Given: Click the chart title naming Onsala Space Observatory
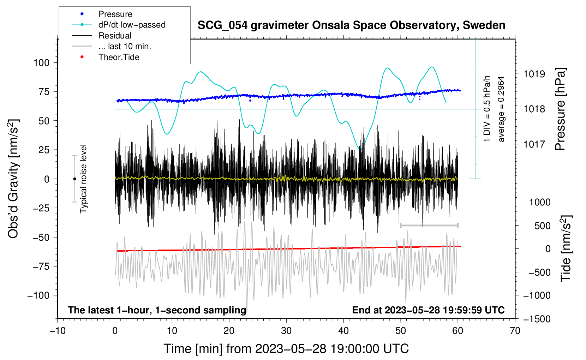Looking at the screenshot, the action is tap(351, 25).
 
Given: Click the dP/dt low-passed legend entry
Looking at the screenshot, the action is tap(119, 25).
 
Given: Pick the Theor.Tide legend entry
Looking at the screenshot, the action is tap(106, 57).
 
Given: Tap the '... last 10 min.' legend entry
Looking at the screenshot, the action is tap(112, 46).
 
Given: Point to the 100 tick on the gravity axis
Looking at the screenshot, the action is tap(42, 63).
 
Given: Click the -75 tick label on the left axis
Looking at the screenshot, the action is tap(41, 266).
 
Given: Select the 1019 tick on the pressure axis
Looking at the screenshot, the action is tap(534, 74).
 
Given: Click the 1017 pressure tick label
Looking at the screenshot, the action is tap(534, 144).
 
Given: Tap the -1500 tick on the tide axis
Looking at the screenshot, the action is tap(537, 319).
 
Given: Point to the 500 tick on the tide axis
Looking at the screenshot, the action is tap(542, 226).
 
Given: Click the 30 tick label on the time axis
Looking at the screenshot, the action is tap(286, 331).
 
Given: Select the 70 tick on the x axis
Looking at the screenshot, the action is tap(515, 331).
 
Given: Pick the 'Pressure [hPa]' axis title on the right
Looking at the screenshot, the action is tap(560, 109).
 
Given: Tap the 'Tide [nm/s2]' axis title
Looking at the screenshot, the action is tap(566, 248).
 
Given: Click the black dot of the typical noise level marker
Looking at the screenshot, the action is tap(74, 179).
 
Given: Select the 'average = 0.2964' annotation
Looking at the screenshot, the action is tap(501, 109).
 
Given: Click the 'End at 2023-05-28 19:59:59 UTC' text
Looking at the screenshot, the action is tap(428, 310).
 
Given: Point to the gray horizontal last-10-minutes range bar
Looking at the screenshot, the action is tap(429, 225).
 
